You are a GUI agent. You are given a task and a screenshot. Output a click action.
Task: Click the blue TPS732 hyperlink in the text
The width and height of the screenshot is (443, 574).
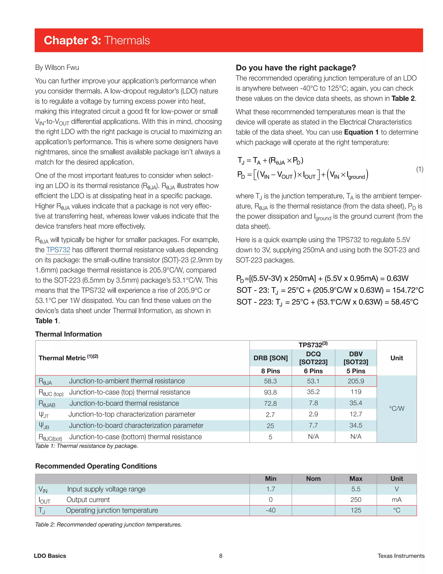pyautogui.click(x=58, y=250)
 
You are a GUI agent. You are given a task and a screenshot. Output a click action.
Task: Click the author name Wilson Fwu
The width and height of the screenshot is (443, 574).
pyautogui.click(x=62, y=68)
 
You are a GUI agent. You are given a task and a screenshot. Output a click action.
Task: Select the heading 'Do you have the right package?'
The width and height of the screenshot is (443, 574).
pyautogui.click(x=296, y=68)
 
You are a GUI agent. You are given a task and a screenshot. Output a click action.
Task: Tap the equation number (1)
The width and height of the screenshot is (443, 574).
pyautogui.click(x=420, y=169)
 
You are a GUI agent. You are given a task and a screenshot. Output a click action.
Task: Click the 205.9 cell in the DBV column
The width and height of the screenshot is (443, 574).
pyautogui.click(x=356, y=381)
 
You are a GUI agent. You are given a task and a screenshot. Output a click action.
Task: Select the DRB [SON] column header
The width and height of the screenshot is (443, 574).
pyautogui.click(x=270, y=358)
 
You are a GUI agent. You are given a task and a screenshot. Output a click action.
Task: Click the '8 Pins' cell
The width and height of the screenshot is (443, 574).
pyautogui.click(x=270, y=371)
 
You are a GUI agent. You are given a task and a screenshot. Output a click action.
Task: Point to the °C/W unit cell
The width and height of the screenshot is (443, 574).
pyautogui.click(x=396, y=409)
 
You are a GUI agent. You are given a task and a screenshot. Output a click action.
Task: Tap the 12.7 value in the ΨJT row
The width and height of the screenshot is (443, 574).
pyautogui.click(x=356, y=414)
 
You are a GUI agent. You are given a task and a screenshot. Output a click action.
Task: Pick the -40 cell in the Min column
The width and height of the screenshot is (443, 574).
pyautogui.click(x=270, y=510)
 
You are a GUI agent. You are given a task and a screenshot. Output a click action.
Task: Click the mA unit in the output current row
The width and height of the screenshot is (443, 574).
pyautogui.click(x=396, y=500)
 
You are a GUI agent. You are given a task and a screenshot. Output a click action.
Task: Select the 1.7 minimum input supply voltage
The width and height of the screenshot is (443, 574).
pyautogui.click(x=270, y=489)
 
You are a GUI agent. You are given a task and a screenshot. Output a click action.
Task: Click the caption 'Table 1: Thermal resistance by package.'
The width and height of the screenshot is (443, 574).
pyautogui.click(x=87, y=446)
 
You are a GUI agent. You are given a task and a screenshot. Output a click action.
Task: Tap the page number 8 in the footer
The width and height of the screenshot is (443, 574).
pyautogui.click(x=221, y=556)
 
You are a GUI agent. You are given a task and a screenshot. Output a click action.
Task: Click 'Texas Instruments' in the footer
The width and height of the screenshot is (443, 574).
pyautogui.click(x=401, y=556)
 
